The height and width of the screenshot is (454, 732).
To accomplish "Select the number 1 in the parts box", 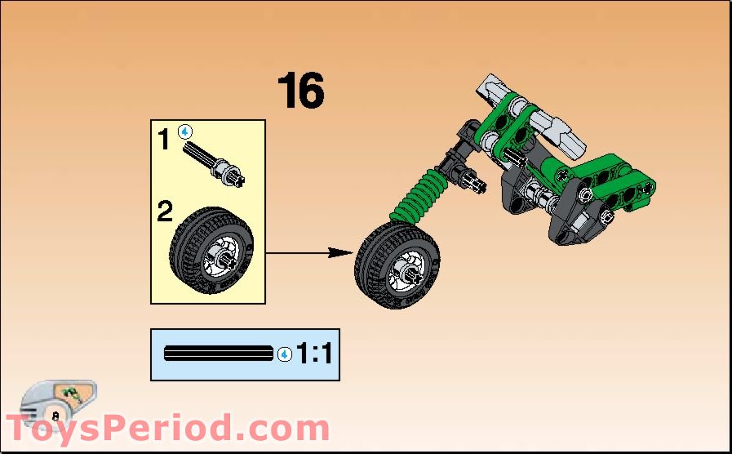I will click(164, 140).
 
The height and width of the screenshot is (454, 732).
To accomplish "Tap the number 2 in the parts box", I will click(165, 213).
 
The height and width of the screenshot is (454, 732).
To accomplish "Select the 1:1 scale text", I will click(313, 354).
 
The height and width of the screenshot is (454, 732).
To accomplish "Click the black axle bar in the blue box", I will click(219, 354).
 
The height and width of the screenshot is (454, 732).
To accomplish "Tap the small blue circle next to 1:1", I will click(284, 354).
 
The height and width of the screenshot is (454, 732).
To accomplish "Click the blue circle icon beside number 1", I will click(185, 131).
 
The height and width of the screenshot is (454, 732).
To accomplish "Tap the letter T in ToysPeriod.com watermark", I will click(21, 430).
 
